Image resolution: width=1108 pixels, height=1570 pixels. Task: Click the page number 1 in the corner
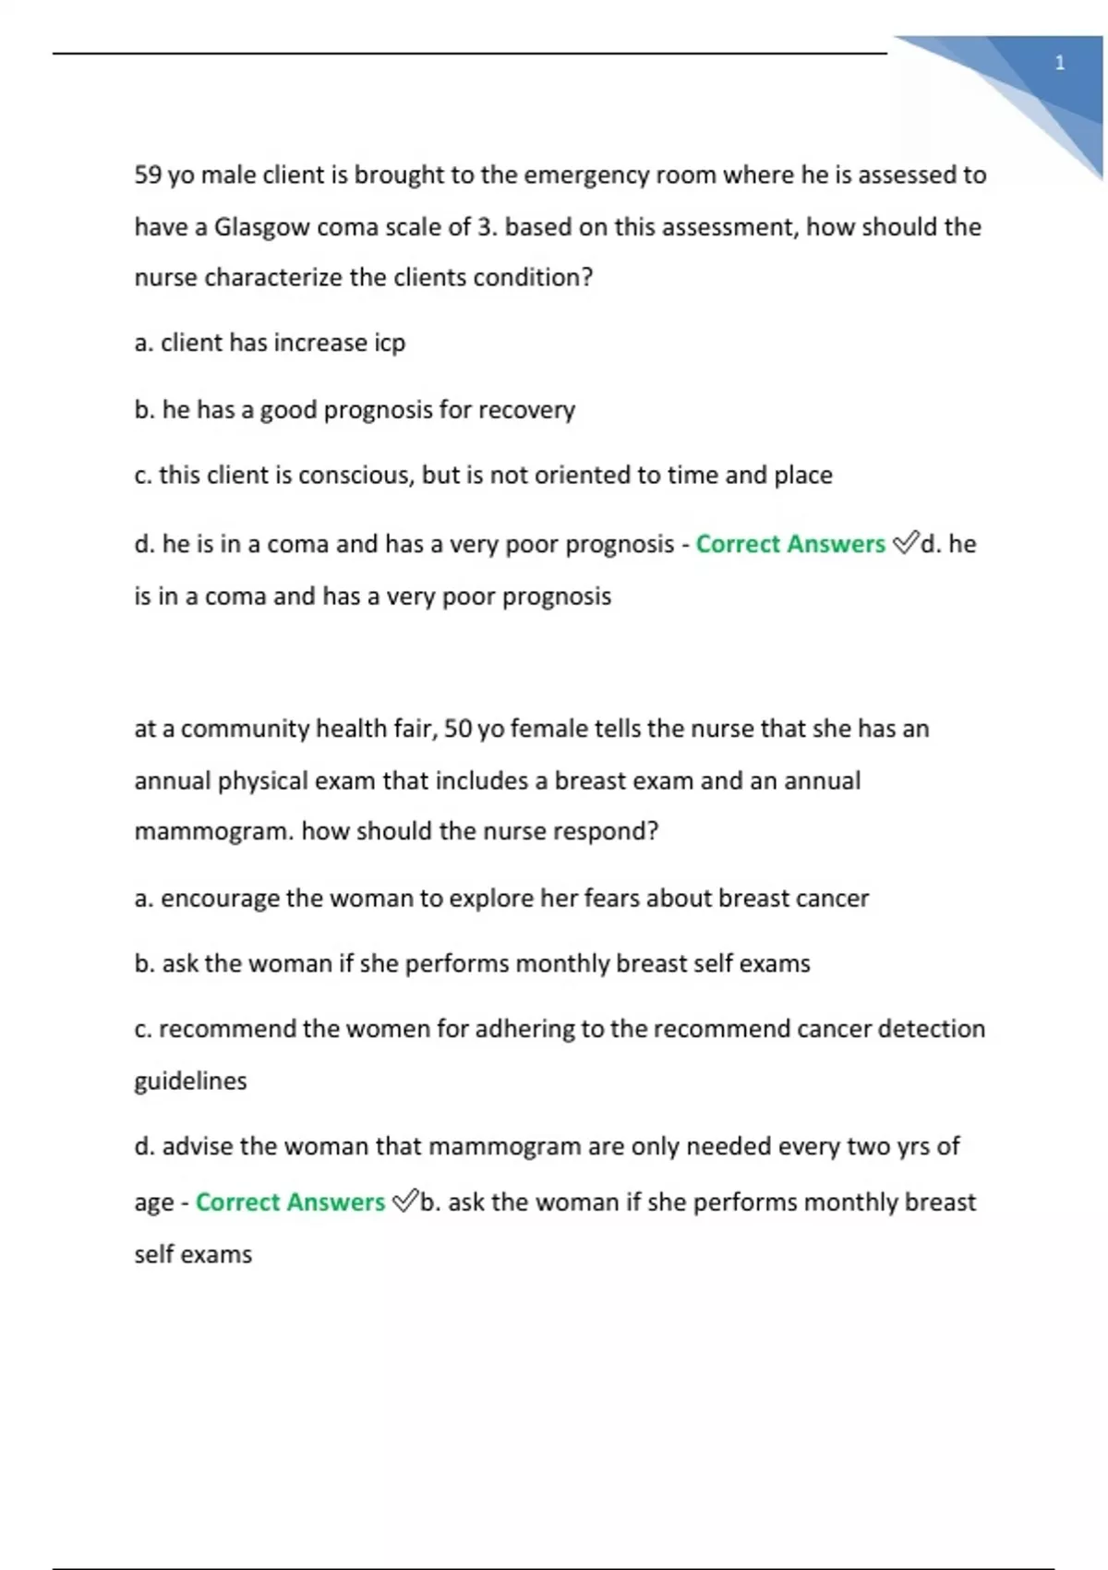coord(1059,63)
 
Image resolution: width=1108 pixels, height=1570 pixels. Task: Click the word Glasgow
coord(261,227)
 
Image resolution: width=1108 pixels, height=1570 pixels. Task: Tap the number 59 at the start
coord(148,175)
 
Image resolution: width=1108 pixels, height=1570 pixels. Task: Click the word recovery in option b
coord(525,410)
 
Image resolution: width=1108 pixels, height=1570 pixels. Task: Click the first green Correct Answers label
coord(789,544)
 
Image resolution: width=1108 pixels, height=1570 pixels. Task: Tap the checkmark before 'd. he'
coord(906,543)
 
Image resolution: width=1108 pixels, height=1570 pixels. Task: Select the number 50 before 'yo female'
coord(458,729)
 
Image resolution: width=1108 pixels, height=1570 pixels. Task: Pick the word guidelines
coord(190,1081)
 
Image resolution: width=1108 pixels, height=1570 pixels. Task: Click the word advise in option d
coord(197,1147)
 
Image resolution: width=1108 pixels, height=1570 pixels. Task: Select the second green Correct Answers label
coord(290,1202)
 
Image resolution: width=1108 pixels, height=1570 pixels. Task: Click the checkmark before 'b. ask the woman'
coord(404,1202)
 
